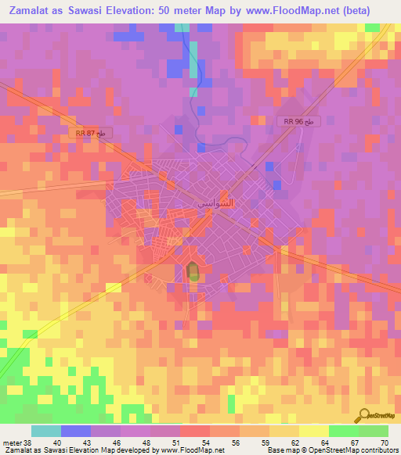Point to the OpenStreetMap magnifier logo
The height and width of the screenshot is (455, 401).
click(365, 415)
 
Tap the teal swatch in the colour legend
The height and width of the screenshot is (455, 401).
click(46, 431)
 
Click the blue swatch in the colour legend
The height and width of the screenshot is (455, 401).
click(76, 431)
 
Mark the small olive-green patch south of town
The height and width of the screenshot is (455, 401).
click(192, 272)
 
